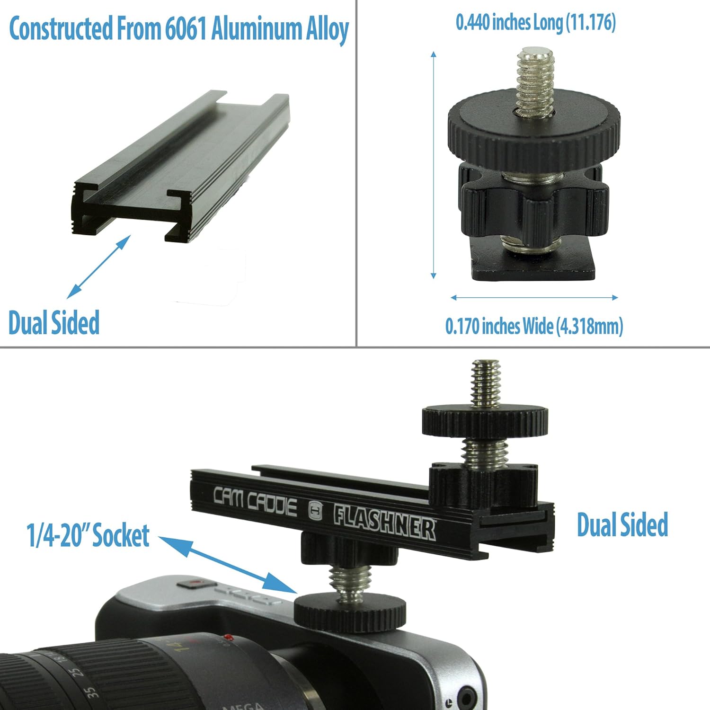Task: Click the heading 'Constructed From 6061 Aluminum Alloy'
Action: tap(179, 29)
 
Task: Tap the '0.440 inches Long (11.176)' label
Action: tap(535, 22)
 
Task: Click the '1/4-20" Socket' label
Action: tap(89, 536)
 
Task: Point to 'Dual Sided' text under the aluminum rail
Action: tap(54, 323)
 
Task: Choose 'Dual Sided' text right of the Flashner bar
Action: tap(622, 524)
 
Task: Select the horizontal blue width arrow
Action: tap(534, 297)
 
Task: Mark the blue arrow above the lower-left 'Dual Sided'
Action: tap(98, 266)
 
